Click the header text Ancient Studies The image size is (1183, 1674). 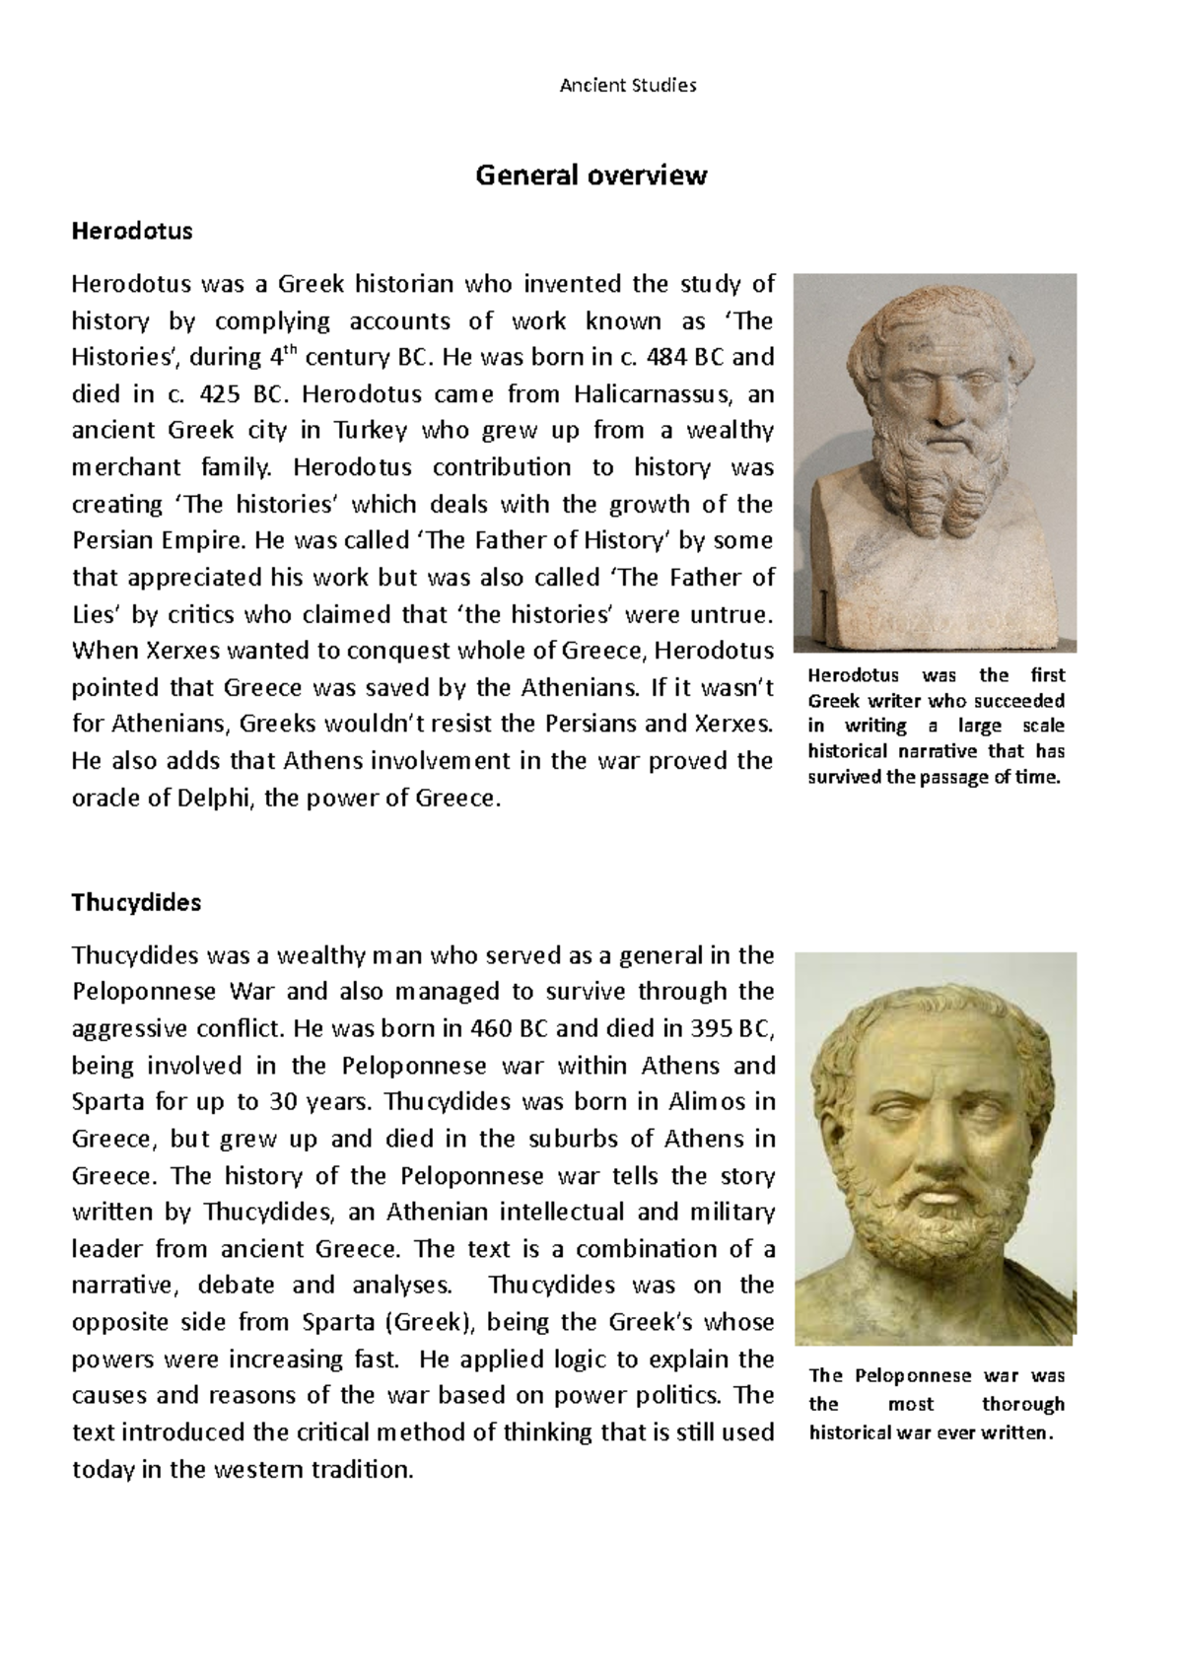pos(628,86)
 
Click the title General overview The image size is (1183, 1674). pos(591,175)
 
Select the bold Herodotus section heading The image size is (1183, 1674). pos(132,232)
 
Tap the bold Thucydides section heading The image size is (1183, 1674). pos(136,902)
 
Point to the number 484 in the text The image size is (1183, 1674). pos(666,357)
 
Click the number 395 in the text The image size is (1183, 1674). pos(711,1028)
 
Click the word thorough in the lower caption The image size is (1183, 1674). pos(1022,1404)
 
